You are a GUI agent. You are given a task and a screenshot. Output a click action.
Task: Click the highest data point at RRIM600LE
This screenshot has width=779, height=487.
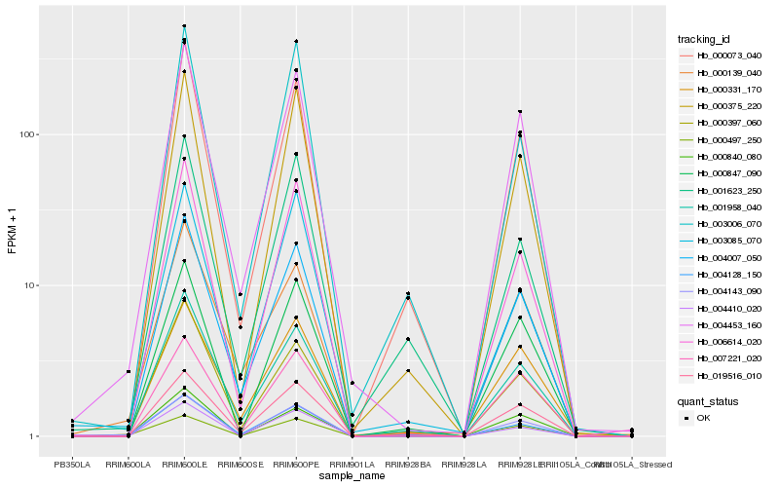[x=184, y=26]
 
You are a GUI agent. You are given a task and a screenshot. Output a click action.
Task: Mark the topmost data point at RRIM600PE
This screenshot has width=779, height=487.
[x=296, y=41]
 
